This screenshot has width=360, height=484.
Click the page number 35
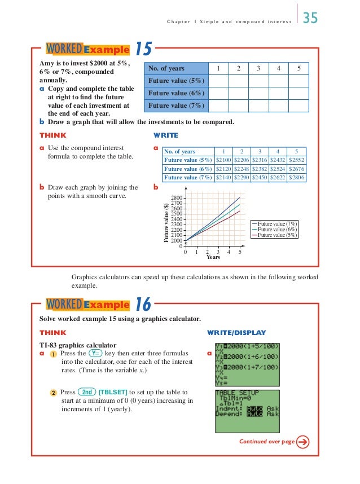coord(310,18)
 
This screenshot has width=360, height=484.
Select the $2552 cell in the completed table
coord(296,160)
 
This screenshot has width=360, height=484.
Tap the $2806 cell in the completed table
coord(296,177)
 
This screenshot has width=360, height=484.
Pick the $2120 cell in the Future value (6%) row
coord(225,169)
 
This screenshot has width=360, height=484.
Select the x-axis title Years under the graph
coord(213,257)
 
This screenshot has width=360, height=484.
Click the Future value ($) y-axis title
coord(166,222)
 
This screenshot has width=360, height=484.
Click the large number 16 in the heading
coord(143,305)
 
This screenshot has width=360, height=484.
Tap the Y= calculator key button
coord(98,354)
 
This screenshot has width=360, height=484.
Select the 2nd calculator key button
coord(87,392)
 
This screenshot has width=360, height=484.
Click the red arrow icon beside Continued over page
coord(303,442)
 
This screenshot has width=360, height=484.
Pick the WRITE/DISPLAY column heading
coord(236,333)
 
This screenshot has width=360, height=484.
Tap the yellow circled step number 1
coord(52,354)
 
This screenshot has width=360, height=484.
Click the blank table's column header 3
coord(258,69)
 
